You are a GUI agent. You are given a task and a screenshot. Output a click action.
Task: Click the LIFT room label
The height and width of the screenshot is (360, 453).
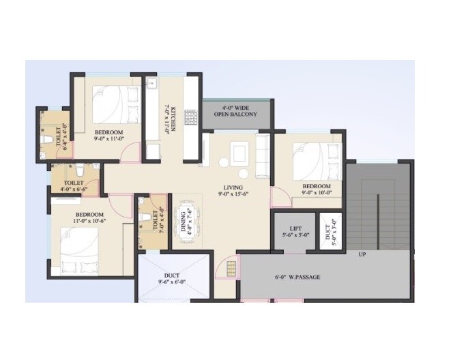coord(295,232)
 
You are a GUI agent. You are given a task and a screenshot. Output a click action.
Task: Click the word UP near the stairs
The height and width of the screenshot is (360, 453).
coord(362,255)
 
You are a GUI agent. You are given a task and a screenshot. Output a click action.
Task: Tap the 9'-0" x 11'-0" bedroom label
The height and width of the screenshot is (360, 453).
coord(108,135)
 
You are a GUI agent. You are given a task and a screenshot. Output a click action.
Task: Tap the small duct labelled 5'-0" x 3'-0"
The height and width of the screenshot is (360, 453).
coord(330,232)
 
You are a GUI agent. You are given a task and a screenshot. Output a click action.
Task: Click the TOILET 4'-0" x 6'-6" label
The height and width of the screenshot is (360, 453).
coord(74,187)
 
